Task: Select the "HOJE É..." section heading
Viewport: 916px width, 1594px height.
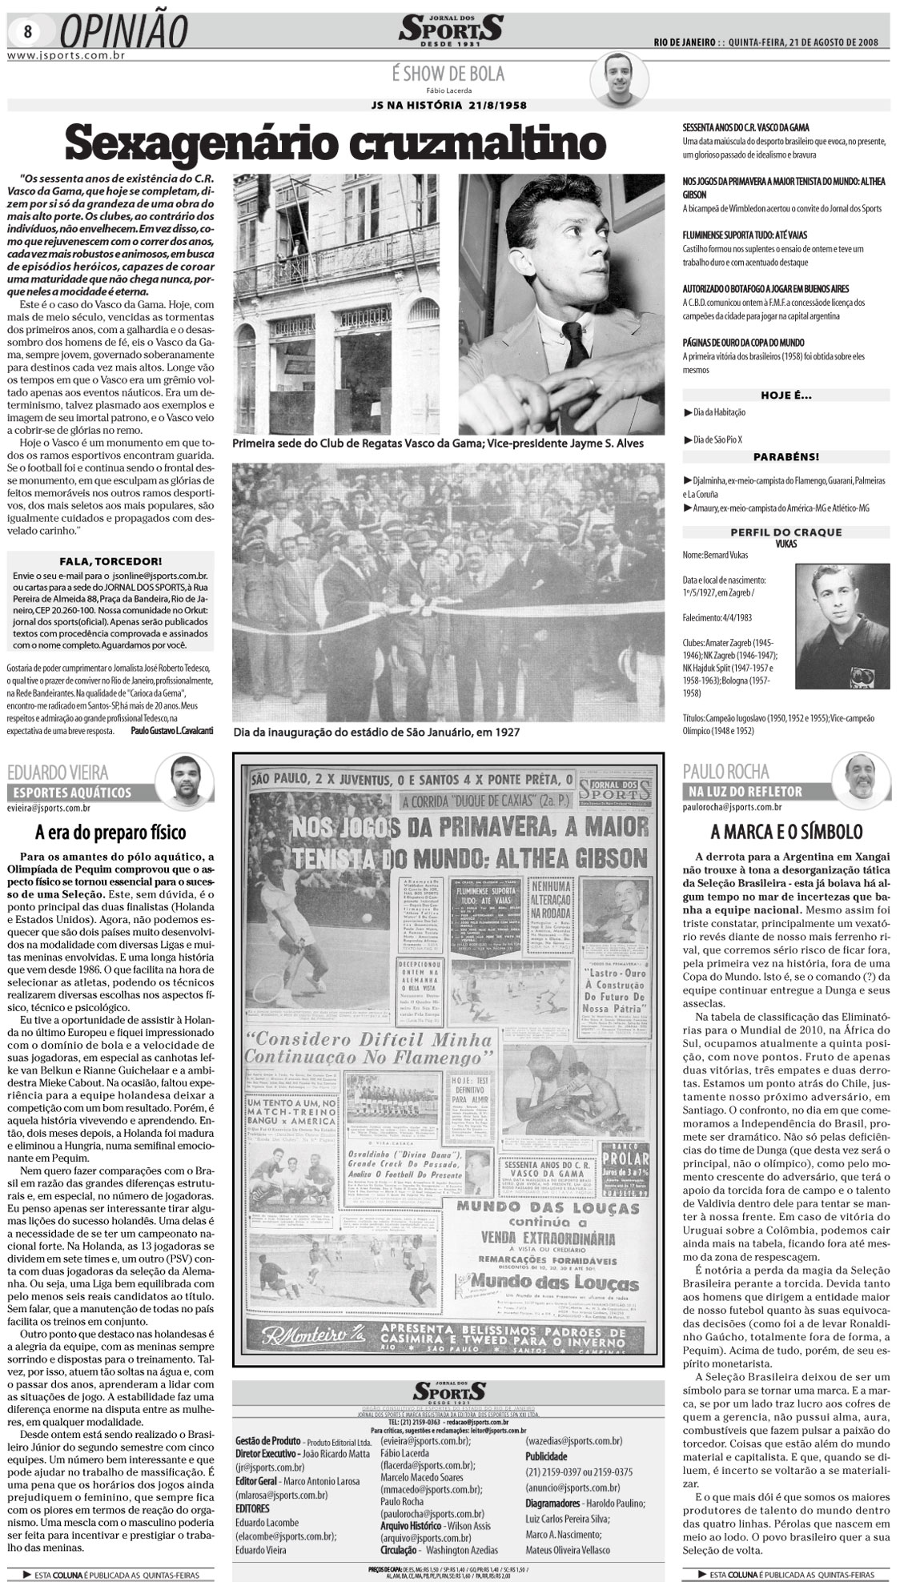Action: [785, 395]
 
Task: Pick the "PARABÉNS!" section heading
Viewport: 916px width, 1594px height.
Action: [785, 457]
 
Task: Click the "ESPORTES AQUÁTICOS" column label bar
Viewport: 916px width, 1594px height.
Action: [70, 793]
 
